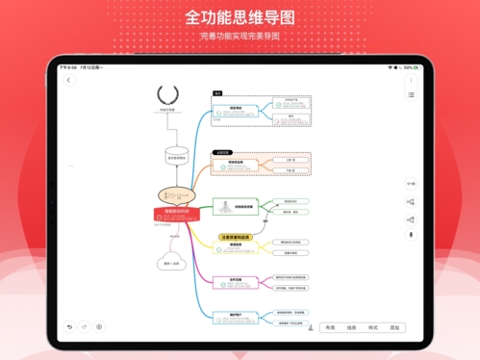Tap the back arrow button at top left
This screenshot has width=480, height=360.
coord(68,81)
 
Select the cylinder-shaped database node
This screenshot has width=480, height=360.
coord(176,153)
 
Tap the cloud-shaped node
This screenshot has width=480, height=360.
coord(172,263)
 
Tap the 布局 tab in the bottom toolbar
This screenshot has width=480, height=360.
coord(330,328)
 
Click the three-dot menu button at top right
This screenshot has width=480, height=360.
coord(411,81)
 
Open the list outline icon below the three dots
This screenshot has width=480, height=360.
coord(411,95)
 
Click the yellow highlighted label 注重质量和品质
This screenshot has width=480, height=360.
coord(237,236)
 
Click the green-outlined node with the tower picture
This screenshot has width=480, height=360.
coord(231,207)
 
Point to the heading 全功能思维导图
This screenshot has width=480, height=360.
coord(240,17)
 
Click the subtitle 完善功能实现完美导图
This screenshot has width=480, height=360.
coord(240,36)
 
